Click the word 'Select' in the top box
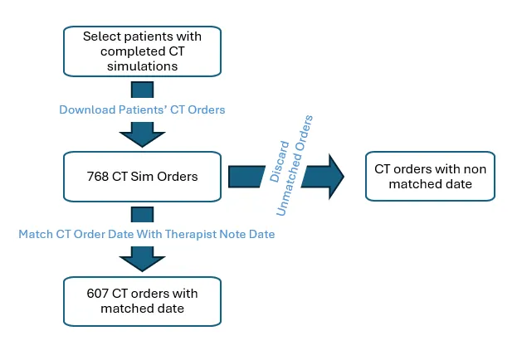click(x=100, y=36)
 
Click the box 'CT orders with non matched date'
click(x=430, y=176)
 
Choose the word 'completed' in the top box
click(x=110, y=51)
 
